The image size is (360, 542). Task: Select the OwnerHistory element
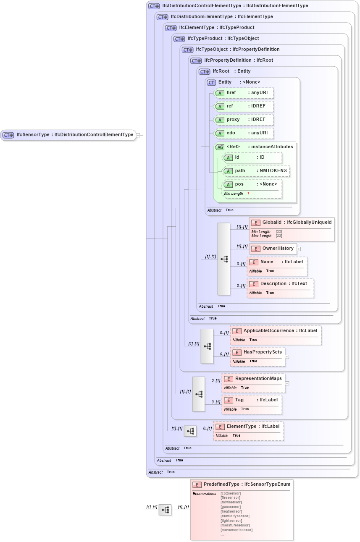(x=273, y=249)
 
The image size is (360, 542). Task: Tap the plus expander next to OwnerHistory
(x=299, y=249)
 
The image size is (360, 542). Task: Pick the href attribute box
(x=244, y=93)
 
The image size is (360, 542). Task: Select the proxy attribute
(x=244, y=120)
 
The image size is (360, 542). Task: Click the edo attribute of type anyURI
(x=244, y=133)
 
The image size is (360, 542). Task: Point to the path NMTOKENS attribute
(x=256, y=171)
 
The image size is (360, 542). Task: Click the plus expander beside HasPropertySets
(x=287, y=357)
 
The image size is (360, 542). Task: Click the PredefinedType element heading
(x=242, y=484)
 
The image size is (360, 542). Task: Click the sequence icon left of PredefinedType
(x=165, y=510)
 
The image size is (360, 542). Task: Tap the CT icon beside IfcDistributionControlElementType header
(x=154, y=6)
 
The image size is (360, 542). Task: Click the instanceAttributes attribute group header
(x=255, y=147)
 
